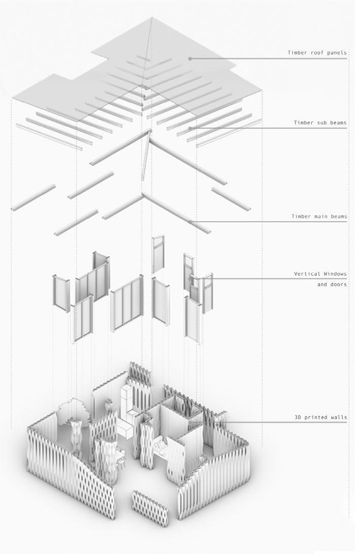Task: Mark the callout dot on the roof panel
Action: [190, 59]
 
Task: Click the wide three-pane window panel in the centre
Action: [126, 302]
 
